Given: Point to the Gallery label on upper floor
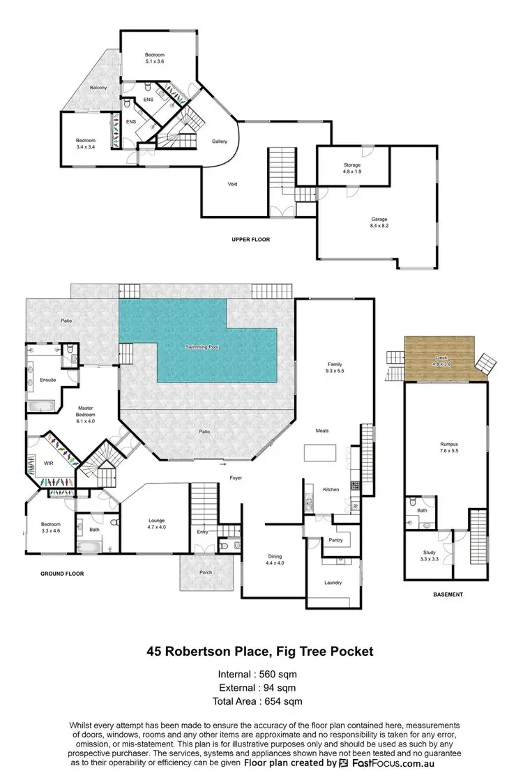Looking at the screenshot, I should [220, 141].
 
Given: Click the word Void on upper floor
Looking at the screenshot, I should [232, 185].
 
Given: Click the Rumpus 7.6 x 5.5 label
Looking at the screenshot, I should [448, 445].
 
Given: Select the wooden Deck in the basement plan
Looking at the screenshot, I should [439, 357].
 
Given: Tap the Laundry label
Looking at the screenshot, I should [333, 583].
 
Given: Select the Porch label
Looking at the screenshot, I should [205, 572].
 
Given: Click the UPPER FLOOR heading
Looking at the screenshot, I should [250, 240].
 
